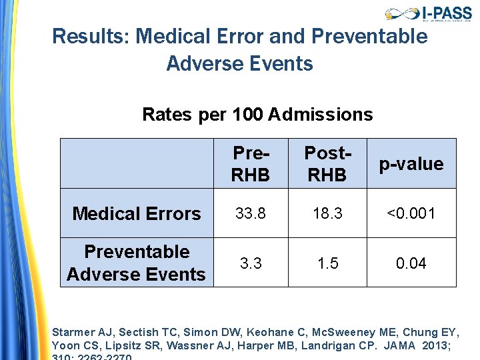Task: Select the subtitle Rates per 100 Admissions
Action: (257, 115)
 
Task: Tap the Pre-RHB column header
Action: (251, 163)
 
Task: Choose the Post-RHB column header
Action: (328, 163)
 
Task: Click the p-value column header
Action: (411, 164)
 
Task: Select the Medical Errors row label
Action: (136, 213)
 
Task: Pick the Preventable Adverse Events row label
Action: (136, 263)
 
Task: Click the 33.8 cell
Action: (251, 213)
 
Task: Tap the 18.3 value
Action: (328, 213)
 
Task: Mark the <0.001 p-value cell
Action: (411, 213)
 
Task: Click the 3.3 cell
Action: (251, 263)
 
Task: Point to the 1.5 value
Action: (328, 263)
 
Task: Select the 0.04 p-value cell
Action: (411, 263)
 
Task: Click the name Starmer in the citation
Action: (72, 332)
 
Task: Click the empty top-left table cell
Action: (137, 163)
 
